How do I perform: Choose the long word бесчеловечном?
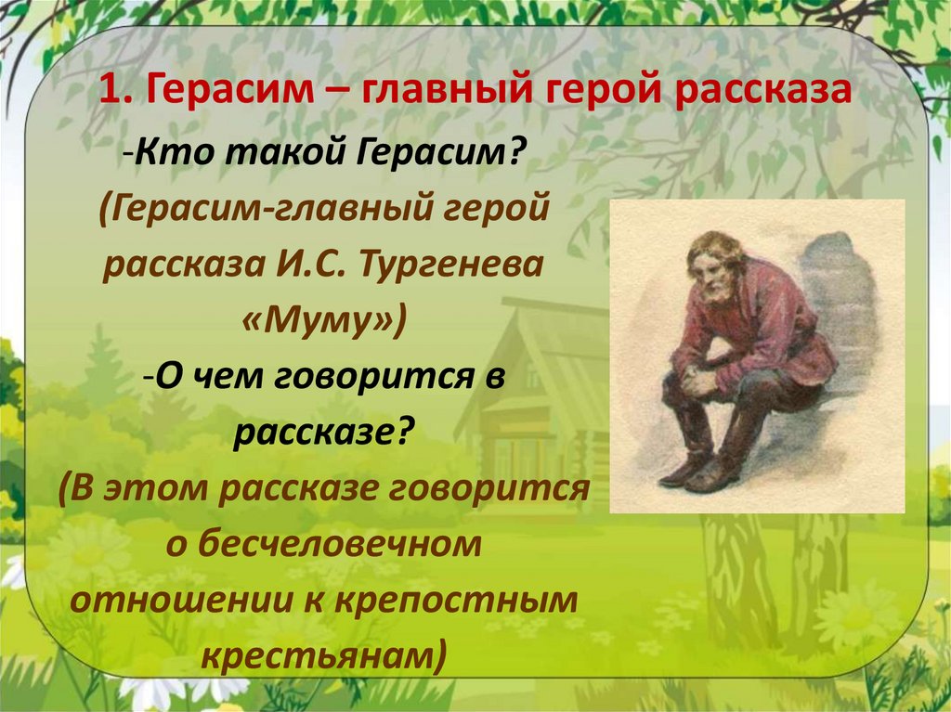click(x=325, y=545)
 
